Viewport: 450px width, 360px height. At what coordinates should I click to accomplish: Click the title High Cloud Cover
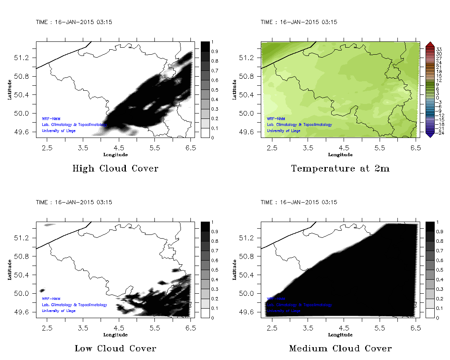pos(115,169)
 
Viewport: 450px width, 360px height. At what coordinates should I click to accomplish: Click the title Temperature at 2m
pos(340,169)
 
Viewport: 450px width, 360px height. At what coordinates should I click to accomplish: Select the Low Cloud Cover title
pos(115,348)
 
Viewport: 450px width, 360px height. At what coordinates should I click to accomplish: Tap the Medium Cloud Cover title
pos(340,348)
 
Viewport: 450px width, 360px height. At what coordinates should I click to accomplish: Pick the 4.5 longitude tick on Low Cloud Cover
pos(119,328)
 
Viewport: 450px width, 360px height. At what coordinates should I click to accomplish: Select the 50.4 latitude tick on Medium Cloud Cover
pos(248,275)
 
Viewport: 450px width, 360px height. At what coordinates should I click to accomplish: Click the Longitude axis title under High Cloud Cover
pos(115,155)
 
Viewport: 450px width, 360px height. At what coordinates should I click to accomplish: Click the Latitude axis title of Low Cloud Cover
pos(9,270)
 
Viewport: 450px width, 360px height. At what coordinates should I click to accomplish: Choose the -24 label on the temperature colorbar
pos(440,133)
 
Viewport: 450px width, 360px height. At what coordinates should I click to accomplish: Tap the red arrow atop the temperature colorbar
pos(429,44)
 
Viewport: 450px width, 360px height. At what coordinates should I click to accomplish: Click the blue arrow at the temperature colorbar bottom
pos(429,134)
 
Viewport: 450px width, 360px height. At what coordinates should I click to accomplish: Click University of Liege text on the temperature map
pos(284,131)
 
